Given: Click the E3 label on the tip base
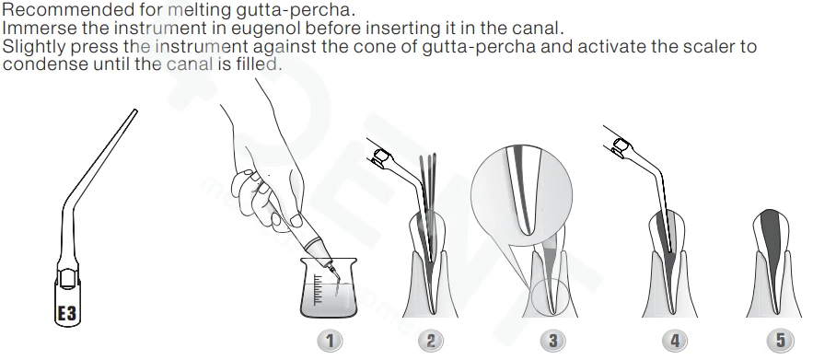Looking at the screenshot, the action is pos(66,313).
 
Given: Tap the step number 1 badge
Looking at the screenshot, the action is pos(330,341).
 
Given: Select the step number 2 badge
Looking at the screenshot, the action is pos(431,341).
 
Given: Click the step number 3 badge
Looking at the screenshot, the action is pos(552,341).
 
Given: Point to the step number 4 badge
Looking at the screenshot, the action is pos(675,341).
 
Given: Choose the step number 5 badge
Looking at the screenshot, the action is pos(780,341).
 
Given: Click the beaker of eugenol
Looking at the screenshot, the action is pos(329,288).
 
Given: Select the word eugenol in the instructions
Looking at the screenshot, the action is pos(260,28).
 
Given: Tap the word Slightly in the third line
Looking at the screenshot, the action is pos(34,47).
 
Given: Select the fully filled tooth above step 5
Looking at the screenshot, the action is pos(771,262).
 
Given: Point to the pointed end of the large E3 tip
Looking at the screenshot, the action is pos(135,110).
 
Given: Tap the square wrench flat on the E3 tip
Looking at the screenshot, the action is pos(68,279).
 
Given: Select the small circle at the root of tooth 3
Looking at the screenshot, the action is pos(551,297).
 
